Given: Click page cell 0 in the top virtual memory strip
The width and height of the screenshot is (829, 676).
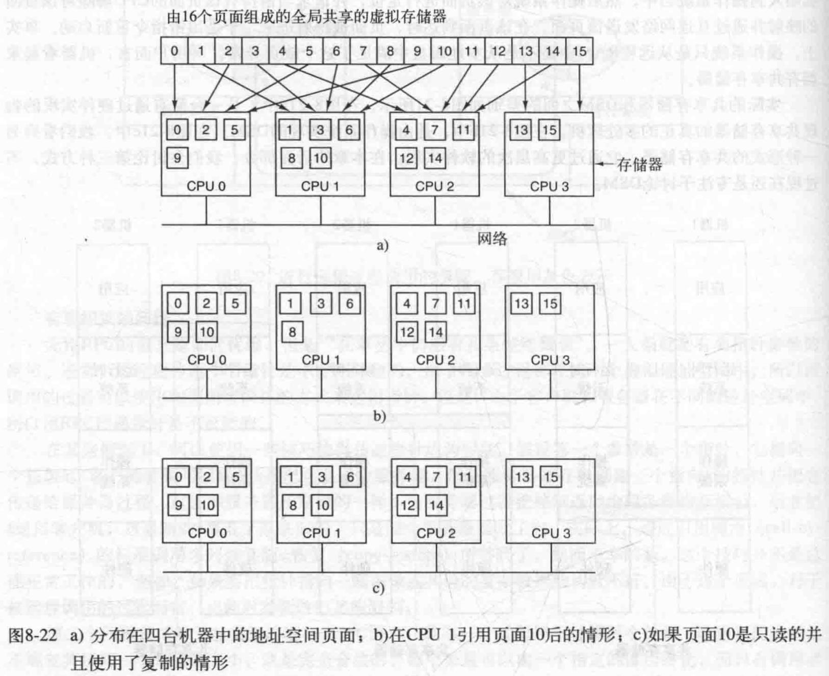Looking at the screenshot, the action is click(174, 51).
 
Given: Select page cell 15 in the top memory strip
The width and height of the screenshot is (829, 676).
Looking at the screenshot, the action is click(580, 51).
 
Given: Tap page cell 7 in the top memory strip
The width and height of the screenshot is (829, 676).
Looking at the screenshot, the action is click(363, 51).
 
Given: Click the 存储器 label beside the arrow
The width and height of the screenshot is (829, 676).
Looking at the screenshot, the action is click(639, 164).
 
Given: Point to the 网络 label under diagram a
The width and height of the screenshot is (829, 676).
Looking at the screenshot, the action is click(492, 239).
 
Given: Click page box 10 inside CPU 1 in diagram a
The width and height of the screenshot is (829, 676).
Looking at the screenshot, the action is click(321, 158).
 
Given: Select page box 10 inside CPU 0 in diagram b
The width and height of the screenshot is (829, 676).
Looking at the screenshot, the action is click(206, 332).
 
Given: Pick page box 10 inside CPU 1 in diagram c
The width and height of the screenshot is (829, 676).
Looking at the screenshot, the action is click(322, 505).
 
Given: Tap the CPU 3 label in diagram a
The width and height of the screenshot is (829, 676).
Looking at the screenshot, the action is click(549, 186).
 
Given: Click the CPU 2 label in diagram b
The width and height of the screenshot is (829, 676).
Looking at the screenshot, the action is click(435, 360).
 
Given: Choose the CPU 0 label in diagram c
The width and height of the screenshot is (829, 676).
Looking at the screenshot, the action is click(207, 533).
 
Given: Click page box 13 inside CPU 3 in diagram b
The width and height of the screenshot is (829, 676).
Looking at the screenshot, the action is click(522, 304).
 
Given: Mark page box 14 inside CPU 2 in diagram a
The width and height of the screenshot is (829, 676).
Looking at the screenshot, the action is click(435, 158).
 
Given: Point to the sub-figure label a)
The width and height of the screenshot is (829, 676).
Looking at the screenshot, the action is click(382, 246).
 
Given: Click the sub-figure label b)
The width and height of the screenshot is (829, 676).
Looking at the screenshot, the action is click(379, 416).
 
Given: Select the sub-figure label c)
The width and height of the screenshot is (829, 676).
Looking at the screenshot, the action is click(378, 589).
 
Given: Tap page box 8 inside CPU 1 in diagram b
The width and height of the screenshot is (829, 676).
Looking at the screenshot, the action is click(292, 332).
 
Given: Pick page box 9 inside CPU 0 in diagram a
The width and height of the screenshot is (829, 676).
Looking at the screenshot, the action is click(177, 158).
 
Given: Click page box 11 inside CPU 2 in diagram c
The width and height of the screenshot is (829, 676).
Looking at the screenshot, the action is click(464, 477).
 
